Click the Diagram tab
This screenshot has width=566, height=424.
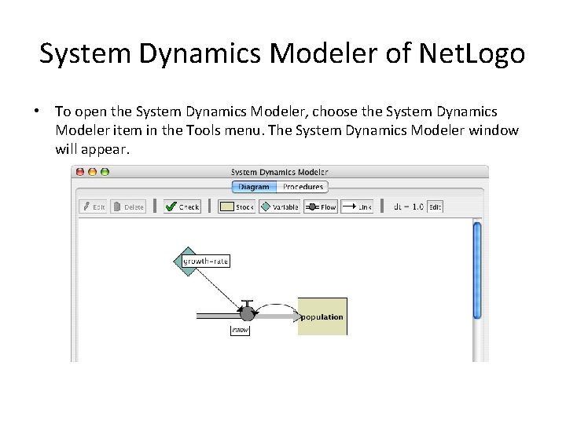[254, 187]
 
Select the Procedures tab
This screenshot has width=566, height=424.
[303, 187]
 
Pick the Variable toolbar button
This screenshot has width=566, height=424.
[280, 207]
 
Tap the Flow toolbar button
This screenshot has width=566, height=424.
[321, 207]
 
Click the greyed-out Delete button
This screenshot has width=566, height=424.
[128, 207]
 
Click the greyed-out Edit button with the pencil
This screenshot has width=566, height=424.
[94, 207]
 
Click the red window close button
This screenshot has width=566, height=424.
[81, 172]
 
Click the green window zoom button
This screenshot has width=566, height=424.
[105, 172]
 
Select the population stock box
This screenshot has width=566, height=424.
[322, 316]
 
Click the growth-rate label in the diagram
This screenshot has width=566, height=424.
[206, 261]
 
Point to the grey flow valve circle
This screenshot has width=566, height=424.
[247, 314]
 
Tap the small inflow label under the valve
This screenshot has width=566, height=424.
[240, 331]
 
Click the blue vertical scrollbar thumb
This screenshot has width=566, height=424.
[476, 270]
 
